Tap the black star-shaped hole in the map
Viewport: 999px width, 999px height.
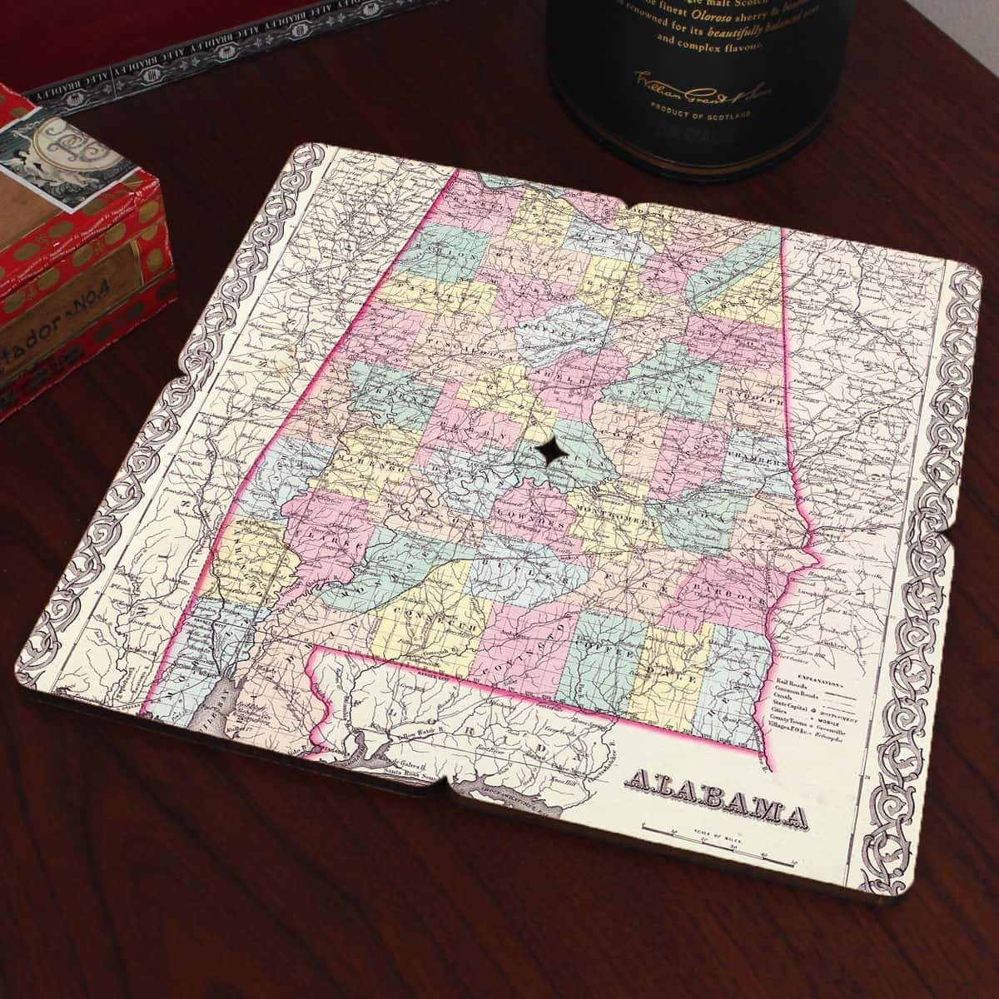click(x=549, y=452)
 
